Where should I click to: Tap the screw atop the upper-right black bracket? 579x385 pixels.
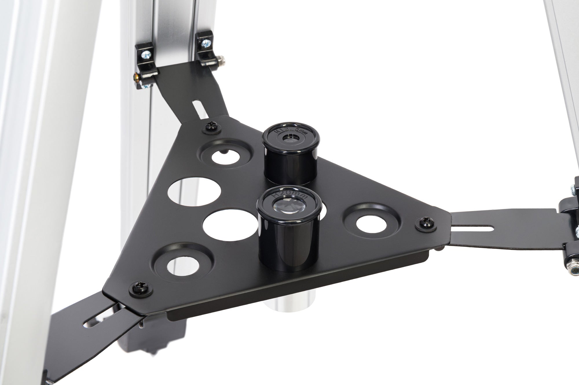(206, 43)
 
